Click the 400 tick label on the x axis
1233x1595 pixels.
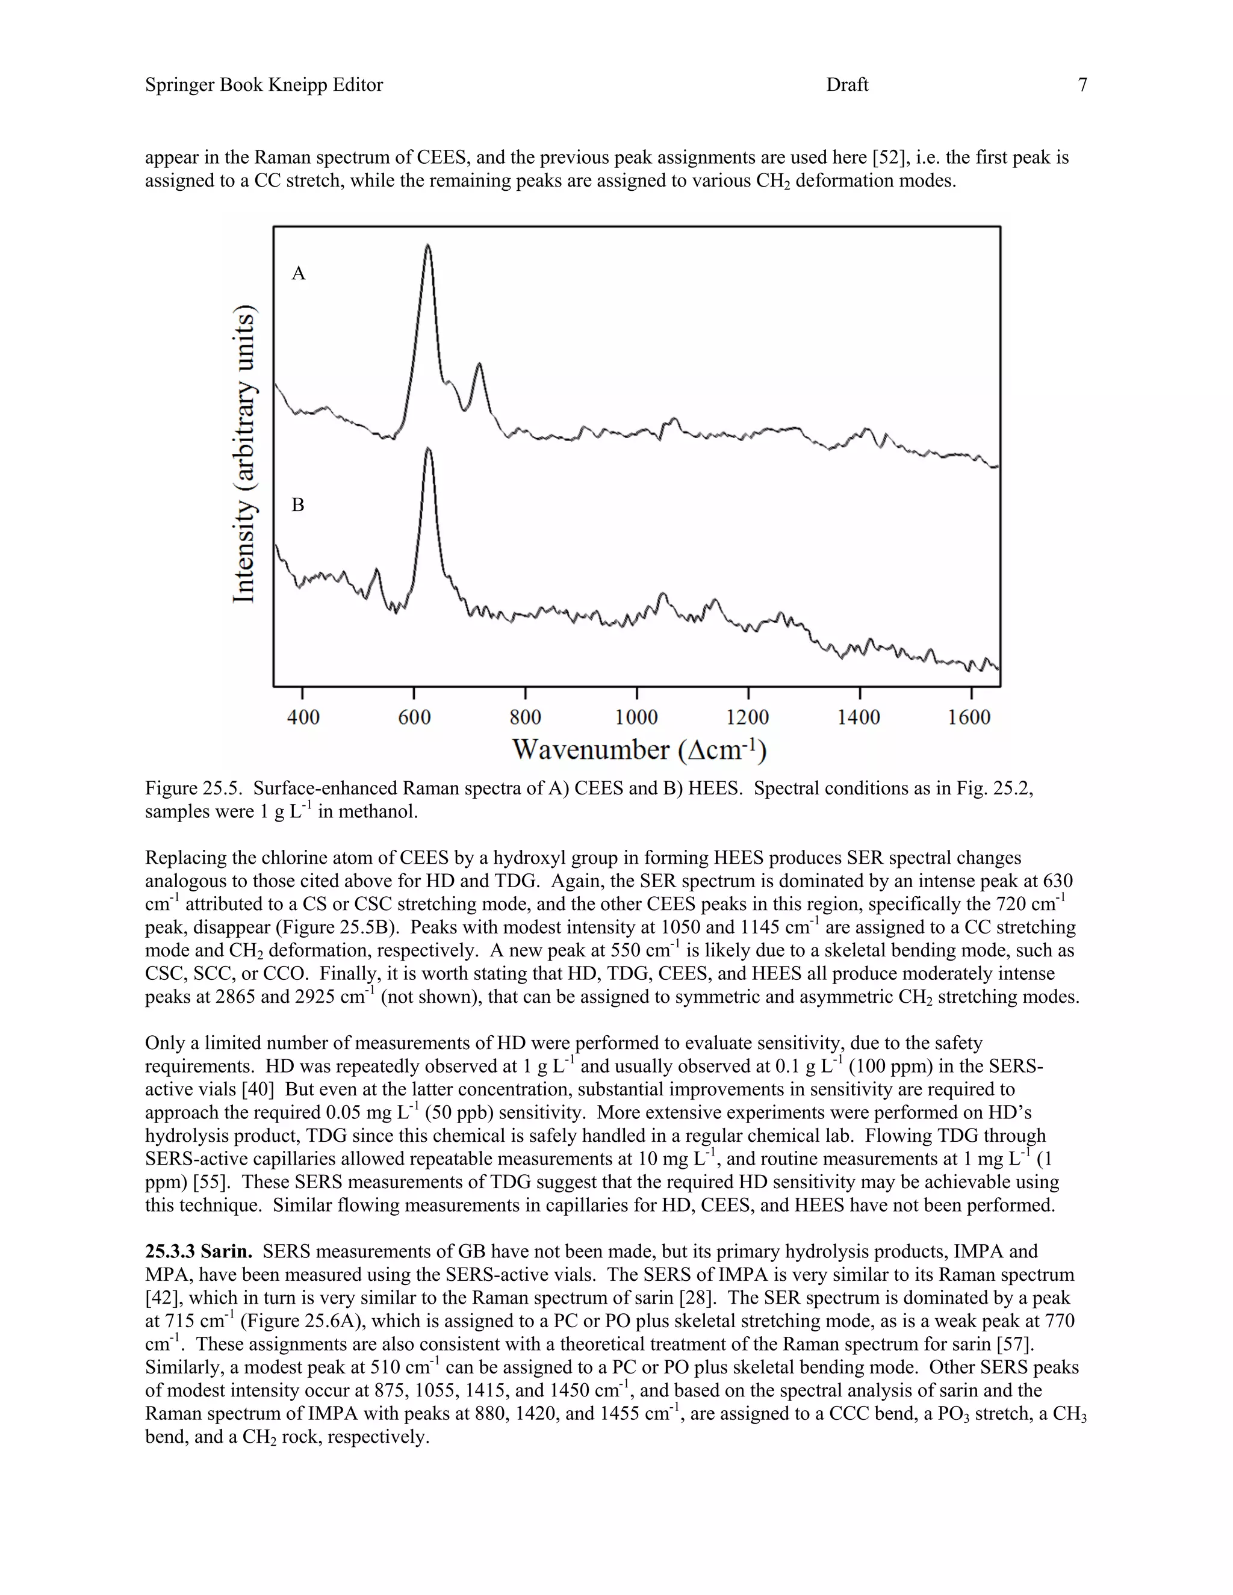click(x=303, y=717)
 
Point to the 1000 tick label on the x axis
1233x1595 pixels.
click(x=636, y=717)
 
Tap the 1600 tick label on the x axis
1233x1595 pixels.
click(x=969, y=717)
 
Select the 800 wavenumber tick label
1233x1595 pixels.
click(x=525, y=717)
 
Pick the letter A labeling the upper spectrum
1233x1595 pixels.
click(x=298, y=274)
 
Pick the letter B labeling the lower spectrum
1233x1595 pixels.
click(x=298, y=504)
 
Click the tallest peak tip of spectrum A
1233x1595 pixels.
click(x=428, y=246)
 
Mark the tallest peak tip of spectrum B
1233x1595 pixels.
click(x=428, y=449)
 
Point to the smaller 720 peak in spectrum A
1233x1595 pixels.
click(x=479, y=364)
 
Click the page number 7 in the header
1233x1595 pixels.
click(x=1082, y=85)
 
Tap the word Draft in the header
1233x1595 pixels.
click(x=846, y=85)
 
